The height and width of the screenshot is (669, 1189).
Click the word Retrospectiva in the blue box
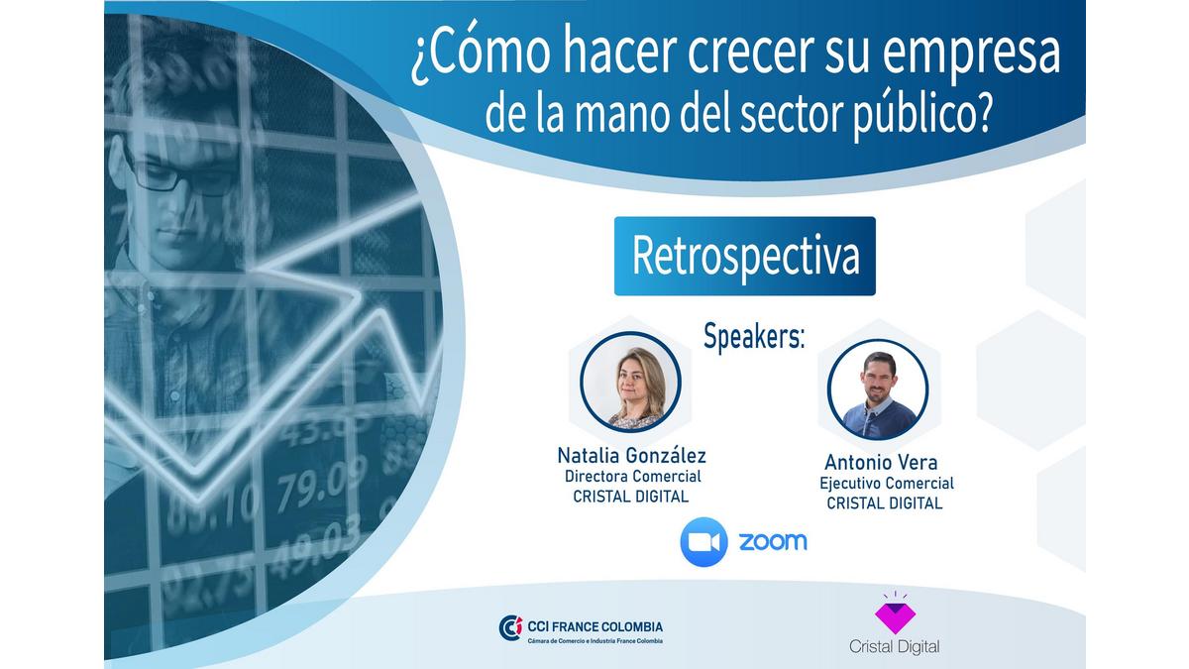click(745, 257)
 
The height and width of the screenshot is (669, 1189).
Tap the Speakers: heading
click(754, 336)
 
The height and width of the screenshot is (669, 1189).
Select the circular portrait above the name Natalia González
click(630, 382)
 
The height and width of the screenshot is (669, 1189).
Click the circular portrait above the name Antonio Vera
click(878, 390)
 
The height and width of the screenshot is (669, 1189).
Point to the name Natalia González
click(632, 456)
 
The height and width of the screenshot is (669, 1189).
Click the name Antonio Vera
click(881, 463)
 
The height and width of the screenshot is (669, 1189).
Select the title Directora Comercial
click(633, 477)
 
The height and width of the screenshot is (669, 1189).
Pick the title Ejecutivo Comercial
click(887, 484)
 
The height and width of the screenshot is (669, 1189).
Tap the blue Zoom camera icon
click(703, 541)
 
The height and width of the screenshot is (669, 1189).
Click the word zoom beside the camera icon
click(773, 541)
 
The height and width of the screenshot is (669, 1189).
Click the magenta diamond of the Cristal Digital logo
click(895, 618)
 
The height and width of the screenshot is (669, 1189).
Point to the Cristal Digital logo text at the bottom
click(895, 646)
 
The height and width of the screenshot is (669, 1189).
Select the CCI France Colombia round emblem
click(510, 628)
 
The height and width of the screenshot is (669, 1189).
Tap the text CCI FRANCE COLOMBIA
click(594, 626)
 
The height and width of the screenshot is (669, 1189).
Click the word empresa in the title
click(971, 55)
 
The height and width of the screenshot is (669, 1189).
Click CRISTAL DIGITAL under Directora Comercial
click(630, 497)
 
